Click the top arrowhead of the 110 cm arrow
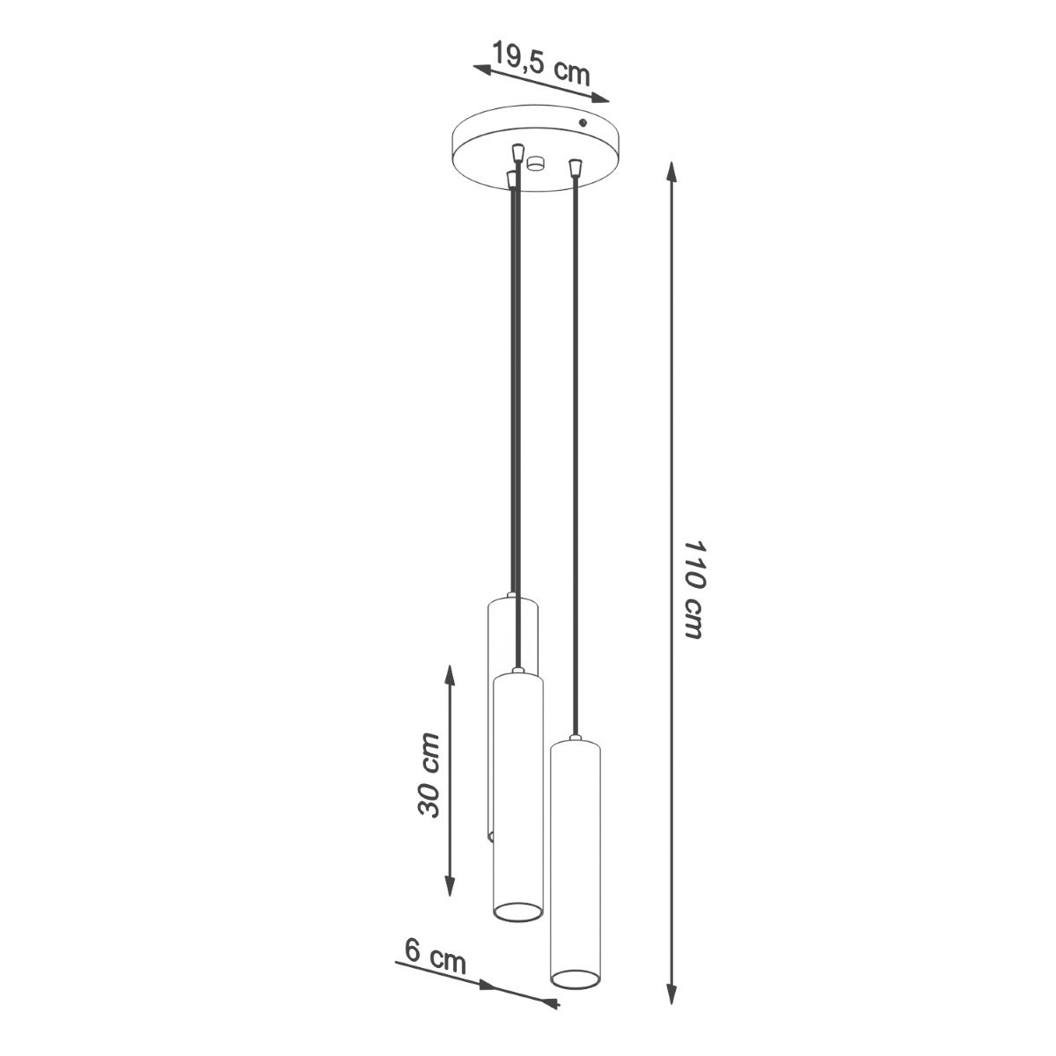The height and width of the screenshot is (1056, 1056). tap(671, 171)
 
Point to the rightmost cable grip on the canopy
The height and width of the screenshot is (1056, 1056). tap(576, 165)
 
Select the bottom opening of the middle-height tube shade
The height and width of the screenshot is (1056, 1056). tap(517, 913)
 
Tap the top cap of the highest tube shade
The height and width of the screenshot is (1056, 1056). tap(512, 601)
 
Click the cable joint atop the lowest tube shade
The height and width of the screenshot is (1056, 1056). tap(575, 738)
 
